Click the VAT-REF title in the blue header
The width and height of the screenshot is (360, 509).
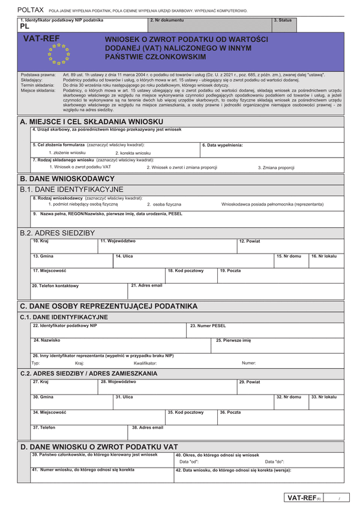coord(40,37)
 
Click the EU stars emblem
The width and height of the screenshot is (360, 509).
coord(59,53)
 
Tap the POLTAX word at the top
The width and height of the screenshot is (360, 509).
coord(30,10)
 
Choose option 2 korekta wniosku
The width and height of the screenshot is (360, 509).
coord(133,153)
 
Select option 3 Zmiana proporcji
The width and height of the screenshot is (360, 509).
coord(276,167)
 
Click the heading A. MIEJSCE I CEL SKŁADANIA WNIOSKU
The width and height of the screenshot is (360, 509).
coord(91,122)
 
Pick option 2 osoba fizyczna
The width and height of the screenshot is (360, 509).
coord(163,204)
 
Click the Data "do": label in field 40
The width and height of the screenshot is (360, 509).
coord(275,462)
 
